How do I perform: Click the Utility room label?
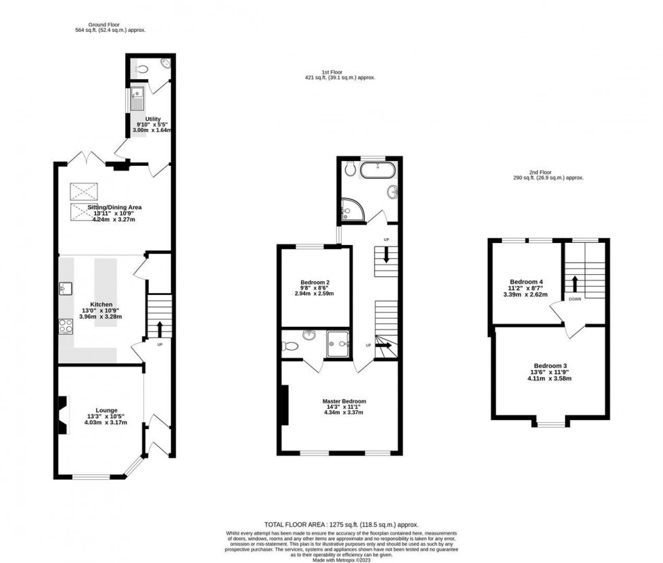(x=152, y=119)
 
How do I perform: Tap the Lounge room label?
(x=106, y=410)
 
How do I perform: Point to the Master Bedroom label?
(x=344, y=401)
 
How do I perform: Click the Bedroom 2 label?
(x=315, y=282)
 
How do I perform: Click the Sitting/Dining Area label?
(x=114, y=207)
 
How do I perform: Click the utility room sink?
(x=137, y=99)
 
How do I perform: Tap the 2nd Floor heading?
(x=549, y=173)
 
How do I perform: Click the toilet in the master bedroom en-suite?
(x=291, y=345)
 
